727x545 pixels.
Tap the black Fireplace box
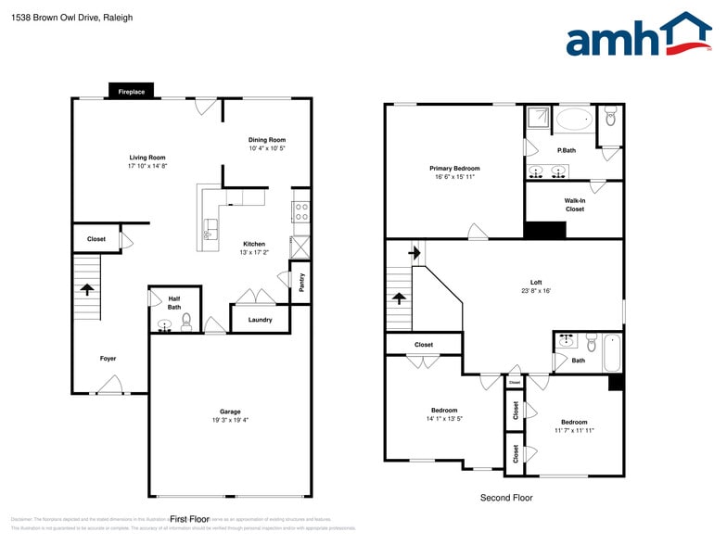point(131,92)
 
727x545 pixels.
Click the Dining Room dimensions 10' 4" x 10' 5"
point(266,148)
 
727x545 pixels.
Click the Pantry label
point(301,283)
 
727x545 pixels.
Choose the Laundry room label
point(260,320)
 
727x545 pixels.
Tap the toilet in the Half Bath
point(186,322)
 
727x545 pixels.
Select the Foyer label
point(108,358)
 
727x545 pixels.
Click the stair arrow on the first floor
point(88,289)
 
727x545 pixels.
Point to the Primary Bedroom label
point(454,169)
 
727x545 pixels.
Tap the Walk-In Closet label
point(574,205)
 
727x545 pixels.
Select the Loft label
point(536,283)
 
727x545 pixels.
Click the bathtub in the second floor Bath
point(612,352)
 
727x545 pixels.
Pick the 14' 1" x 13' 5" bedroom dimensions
point(444,419)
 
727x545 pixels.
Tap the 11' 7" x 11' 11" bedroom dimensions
point(574,430)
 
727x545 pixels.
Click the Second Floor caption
point(506,498)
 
